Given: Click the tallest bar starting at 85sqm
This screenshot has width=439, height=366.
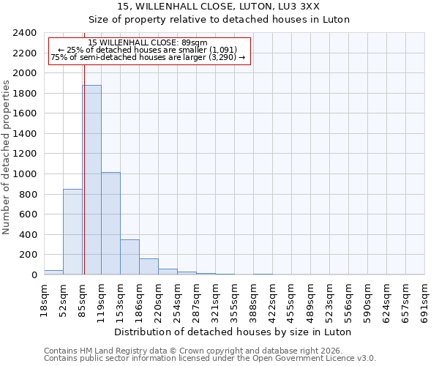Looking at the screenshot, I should [91, 179].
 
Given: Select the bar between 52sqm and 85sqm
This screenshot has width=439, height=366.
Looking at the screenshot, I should [72, 231].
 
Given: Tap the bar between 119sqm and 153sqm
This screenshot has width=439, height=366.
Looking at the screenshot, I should [110, 223].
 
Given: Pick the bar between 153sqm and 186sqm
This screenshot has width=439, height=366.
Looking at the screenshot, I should [130, 257].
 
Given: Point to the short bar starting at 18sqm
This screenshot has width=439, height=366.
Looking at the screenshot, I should [53, 272].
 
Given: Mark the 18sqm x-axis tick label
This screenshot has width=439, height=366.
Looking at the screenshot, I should [45, 299].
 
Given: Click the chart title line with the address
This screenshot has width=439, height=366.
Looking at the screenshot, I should [219, 7].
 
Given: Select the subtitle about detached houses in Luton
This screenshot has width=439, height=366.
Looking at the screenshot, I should [219, 20].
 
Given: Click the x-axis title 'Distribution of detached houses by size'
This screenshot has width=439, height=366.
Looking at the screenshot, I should [233, 332].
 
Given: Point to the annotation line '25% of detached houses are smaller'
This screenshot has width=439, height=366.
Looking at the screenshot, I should [149, 50].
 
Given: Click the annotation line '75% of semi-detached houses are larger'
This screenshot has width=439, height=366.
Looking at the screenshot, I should [149, 58].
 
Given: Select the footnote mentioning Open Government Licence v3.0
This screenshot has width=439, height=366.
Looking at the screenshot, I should [210, 359].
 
